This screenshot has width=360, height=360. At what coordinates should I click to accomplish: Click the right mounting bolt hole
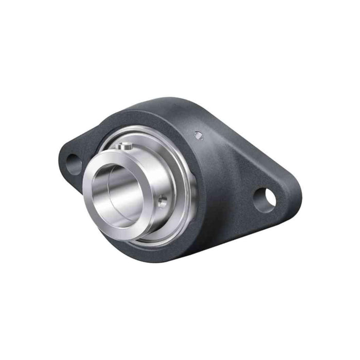(264, 200)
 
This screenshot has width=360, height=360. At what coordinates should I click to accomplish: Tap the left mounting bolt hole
(74, 164)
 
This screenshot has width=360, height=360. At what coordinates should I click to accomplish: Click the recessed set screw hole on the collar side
(162, 202)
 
